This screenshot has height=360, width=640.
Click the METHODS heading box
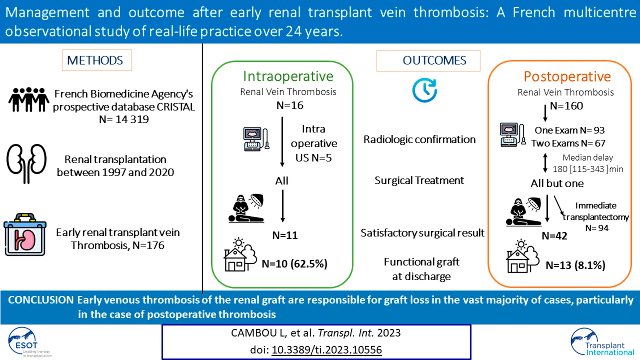pos(96,60)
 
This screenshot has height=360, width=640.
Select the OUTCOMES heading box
pos(428,60)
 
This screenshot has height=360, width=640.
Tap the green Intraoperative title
pos(288,76)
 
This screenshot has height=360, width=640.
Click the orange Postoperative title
pos(567,77)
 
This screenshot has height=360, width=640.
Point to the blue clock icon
pos(424,90)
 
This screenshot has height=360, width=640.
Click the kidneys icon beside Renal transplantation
pos(26,163)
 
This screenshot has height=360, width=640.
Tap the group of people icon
pos(29,99)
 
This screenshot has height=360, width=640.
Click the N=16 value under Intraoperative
pos(290,105)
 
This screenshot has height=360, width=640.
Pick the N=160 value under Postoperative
pos(566,106)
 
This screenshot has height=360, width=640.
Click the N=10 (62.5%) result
pos(294,264)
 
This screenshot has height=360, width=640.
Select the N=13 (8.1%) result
pos(575,265)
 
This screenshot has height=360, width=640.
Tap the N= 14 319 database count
pos(124,119)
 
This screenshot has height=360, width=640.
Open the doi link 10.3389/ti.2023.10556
pos(327,350)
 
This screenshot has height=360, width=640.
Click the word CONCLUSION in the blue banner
pos(41,300)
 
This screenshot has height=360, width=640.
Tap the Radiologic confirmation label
pos(419,139)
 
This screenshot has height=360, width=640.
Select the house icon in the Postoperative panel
pos(522,256)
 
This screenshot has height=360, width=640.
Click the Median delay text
pos(588,157)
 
